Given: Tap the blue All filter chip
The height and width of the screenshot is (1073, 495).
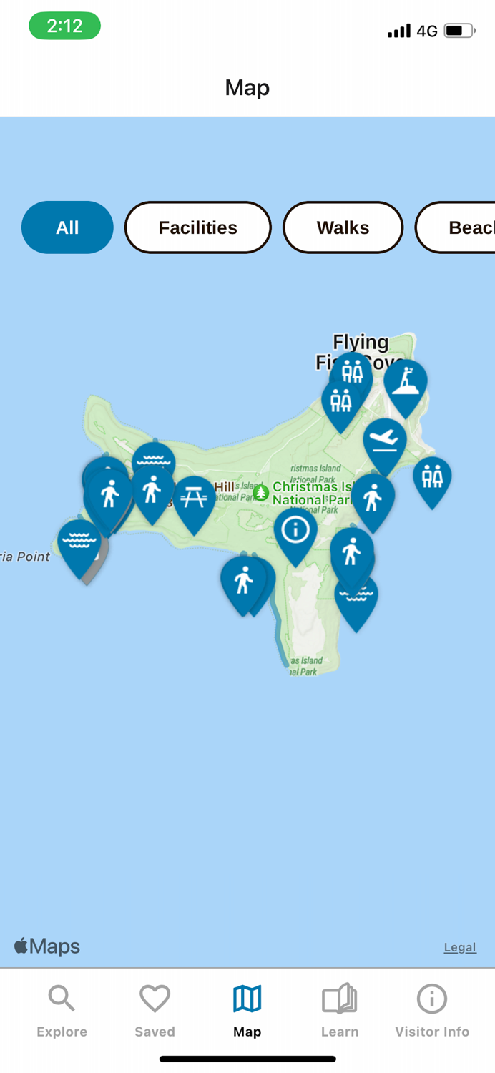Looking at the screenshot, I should click(x=67, y=227).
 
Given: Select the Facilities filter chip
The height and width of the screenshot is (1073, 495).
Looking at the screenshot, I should click(x=197, y=227).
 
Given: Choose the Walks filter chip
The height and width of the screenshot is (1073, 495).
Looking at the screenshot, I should click(x=343, y=227).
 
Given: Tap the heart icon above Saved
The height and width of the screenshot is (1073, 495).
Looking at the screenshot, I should click(x=155, y=998).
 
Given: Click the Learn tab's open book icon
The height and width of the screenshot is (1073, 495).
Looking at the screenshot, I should click(x=340, y=998).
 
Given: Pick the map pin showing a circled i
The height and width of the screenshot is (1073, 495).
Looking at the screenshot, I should click(x=295, y=531).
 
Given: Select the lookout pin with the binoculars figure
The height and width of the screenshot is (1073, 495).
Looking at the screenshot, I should click(x=406, y=383).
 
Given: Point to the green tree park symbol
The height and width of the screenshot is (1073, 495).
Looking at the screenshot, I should click(x=261, y=492).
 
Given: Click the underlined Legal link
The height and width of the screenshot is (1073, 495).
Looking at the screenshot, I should click(x=460, y=947).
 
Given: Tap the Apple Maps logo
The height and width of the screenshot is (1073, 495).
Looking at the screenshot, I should click(x=47, y=946).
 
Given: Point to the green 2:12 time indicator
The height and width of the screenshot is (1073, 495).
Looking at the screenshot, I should click(x=64, y=26).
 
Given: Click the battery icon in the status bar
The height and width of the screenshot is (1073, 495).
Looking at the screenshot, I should click(x=459, y=31).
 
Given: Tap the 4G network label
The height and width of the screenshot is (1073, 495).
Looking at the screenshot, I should click(x=427, y=31).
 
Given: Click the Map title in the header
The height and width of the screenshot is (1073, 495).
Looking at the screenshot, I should click(x=247, y=87).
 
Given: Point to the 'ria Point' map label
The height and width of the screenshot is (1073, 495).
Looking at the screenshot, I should click(x=24, y=557).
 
